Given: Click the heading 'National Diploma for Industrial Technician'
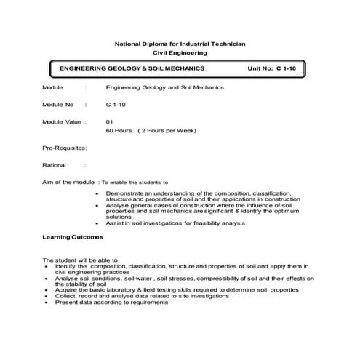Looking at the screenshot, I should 180,44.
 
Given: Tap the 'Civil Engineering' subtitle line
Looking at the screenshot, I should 180,53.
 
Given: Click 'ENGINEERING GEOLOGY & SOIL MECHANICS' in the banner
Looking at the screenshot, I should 132,68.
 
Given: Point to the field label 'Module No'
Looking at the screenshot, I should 58,105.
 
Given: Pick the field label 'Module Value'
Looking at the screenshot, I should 61,122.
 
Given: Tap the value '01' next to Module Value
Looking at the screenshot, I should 109,122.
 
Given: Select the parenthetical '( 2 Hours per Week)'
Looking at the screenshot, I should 167,131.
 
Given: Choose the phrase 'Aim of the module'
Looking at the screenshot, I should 68,182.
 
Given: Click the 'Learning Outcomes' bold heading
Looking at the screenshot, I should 72,238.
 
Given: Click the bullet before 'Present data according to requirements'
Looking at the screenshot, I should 46,303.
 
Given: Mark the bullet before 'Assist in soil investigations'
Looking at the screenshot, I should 97,223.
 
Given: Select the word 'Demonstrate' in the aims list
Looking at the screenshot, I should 122,193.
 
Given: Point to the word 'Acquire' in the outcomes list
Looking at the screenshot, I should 65,290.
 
